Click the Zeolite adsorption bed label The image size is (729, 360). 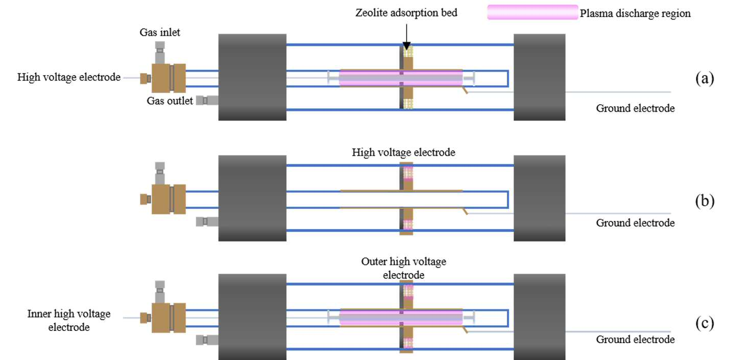click(x=406, y=13)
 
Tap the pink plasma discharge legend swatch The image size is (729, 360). click(x=532, y=12)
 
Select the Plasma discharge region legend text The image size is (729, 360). click(x=635, y=13)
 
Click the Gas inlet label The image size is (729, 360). click(x=160, y=32)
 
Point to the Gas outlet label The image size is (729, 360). click(x=170, y=101)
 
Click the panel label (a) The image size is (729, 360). click(x=704, y=79)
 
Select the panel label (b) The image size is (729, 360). click(x=704, y=201)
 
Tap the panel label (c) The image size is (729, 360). click(x=704, y=323)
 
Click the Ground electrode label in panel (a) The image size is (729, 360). click(x=635, y=108)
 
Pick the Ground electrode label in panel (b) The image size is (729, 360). click(x=635, y=223)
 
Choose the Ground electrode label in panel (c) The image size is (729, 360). click(x=635, y=339)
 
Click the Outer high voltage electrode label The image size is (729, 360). click(x=403, y=268)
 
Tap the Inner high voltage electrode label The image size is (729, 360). click(x=69, y=320)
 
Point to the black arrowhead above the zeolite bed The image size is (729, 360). click(x=406, y=45)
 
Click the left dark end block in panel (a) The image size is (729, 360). click(x=252, y=77)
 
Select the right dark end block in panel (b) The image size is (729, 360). click(x=539, y=198)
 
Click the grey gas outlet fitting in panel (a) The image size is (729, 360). click(x=207, y=100)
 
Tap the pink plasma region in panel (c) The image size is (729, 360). click(x=401, y=317)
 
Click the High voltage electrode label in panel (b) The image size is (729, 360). click(x=403, y=152)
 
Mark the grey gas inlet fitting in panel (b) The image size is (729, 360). click(x=160, y=173)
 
